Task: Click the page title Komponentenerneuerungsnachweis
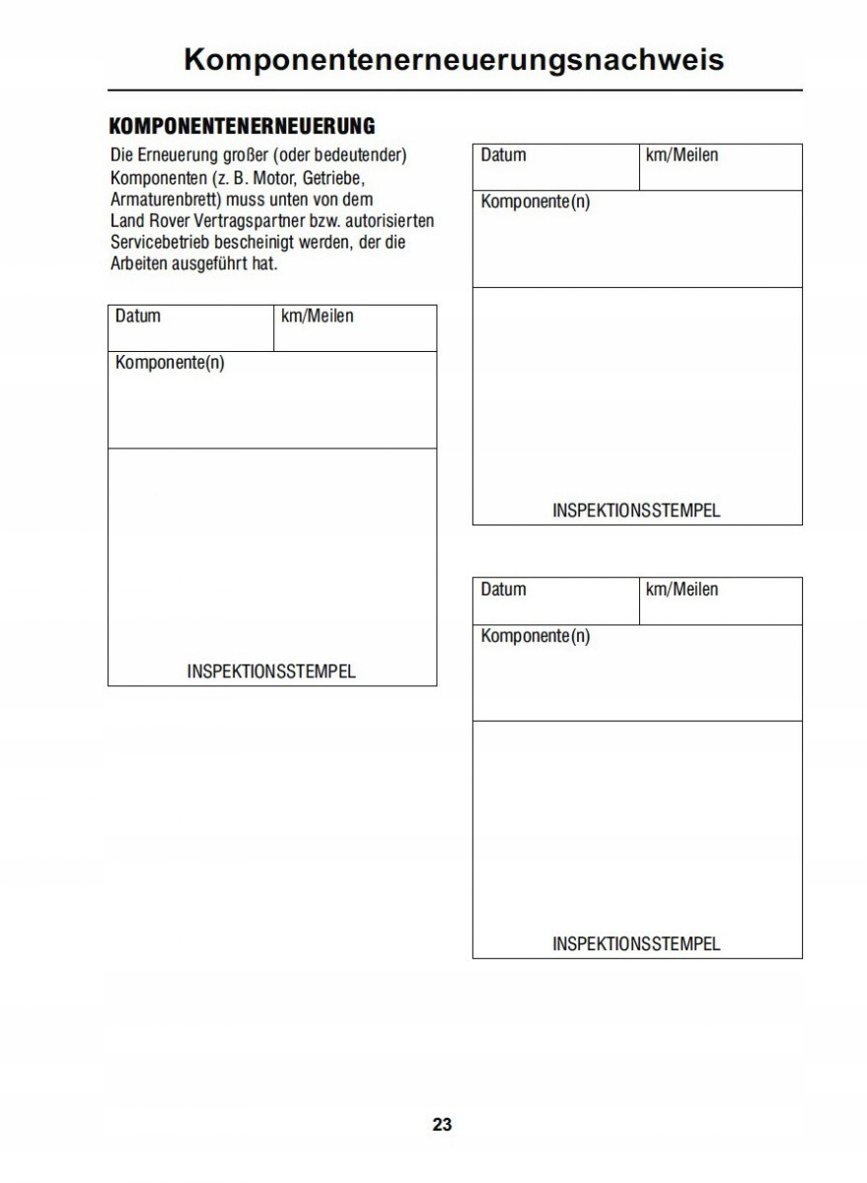pos(454,59)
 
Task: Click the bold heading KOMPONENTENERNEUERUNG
pos(242,126)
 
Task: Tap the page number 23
pos(442,1124)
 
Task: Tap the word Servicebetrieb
pos(158,243)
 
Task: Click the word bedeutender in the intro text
pos(359,156)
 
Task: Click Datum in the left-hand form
pos(138,316)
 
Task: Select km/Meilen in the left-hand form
pos(318,316)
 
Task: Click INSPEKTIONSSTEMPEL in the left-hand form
pos(271,672)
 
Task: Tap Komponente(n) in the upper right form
pos(536,202)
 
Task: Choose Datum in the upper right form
pos(503,155)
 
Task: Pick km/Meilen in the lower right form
pos(682,590)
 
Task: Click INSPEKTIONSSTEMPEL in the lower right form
pos(636,944)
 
